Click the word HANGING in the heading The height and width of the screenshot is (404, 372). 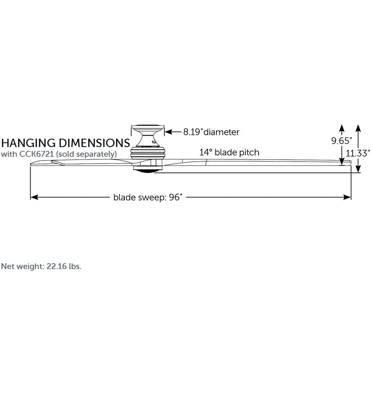click(29, 143)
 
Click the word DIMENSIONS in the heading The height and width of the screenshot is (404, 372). click(94, 143)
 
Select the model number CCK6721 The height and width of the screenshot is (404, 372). click(37, 154)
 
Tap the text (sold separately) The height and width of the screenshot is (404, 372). click(86, 154)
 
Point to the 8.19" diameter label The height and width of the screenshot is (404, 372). click(211, 132)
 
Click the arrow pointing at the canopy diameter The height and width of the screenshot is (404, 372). click(173, 132)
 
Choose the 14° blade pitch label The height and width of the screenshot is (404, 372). click(229, 152)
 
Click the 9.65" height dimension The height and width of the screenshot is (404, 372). click(342, 141)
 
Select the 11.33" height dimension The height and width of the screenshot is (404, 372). click(358, 153)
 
